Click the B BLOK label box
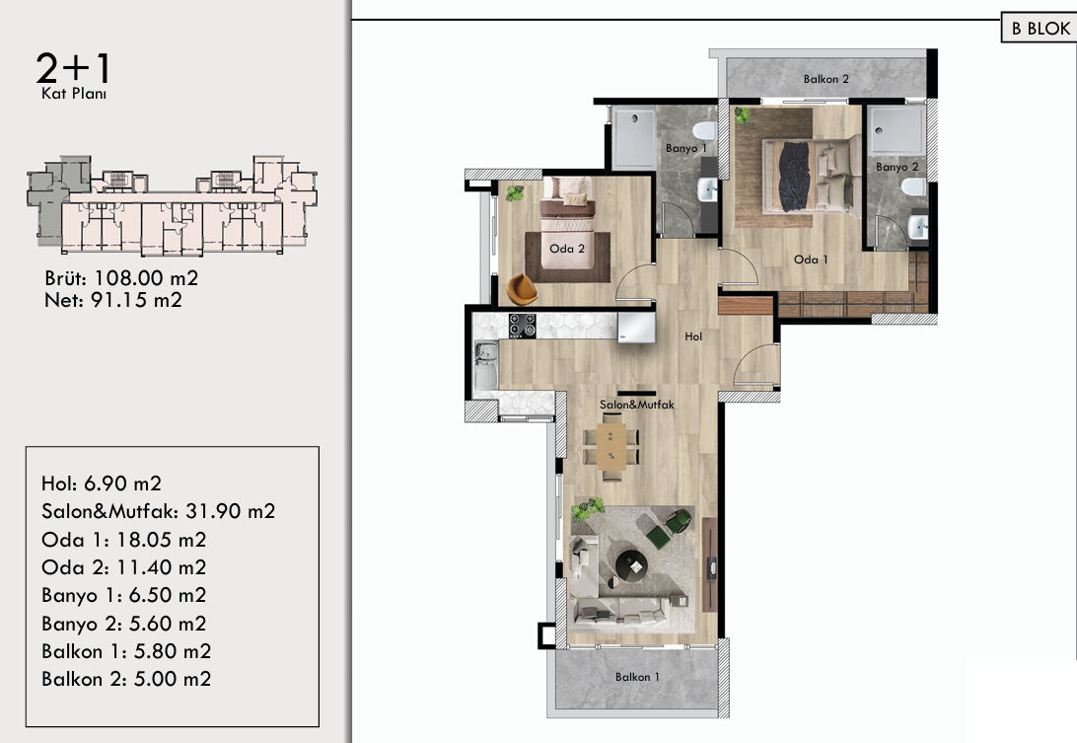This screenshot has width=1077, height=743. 1040,28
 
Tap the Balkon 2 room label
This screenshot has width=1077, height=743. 826,79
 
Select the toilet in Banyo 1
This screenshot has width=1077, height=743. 704,130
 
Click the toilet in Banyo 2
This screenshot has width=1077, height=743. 913,186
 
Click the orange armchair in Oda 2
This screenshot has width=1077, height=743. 522,289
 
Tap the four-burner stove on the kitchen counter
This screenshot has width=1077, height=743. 522,326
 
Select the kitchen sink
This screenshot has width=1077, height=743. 486,365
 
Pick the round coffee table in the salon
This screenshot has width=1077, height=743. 631,565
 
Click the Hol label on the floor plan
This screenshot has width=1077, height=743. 693,336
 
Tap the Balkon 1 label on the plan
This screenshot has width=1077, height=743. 637,677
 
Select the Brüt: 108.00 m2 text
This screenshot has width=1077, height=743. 121,278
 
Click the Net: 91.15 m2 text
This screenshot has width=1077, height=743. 113,300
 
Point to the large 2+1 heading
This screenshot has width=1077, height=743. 74,68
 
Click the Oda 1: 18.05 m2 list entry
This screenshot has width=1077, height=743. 123,540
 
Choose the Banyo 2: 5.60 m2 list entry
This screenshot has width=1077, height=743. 123,624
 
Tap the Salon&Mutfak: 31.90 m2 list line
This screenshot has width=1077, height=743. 158,511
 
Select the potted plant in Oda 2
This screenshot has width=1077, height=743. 515,193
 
